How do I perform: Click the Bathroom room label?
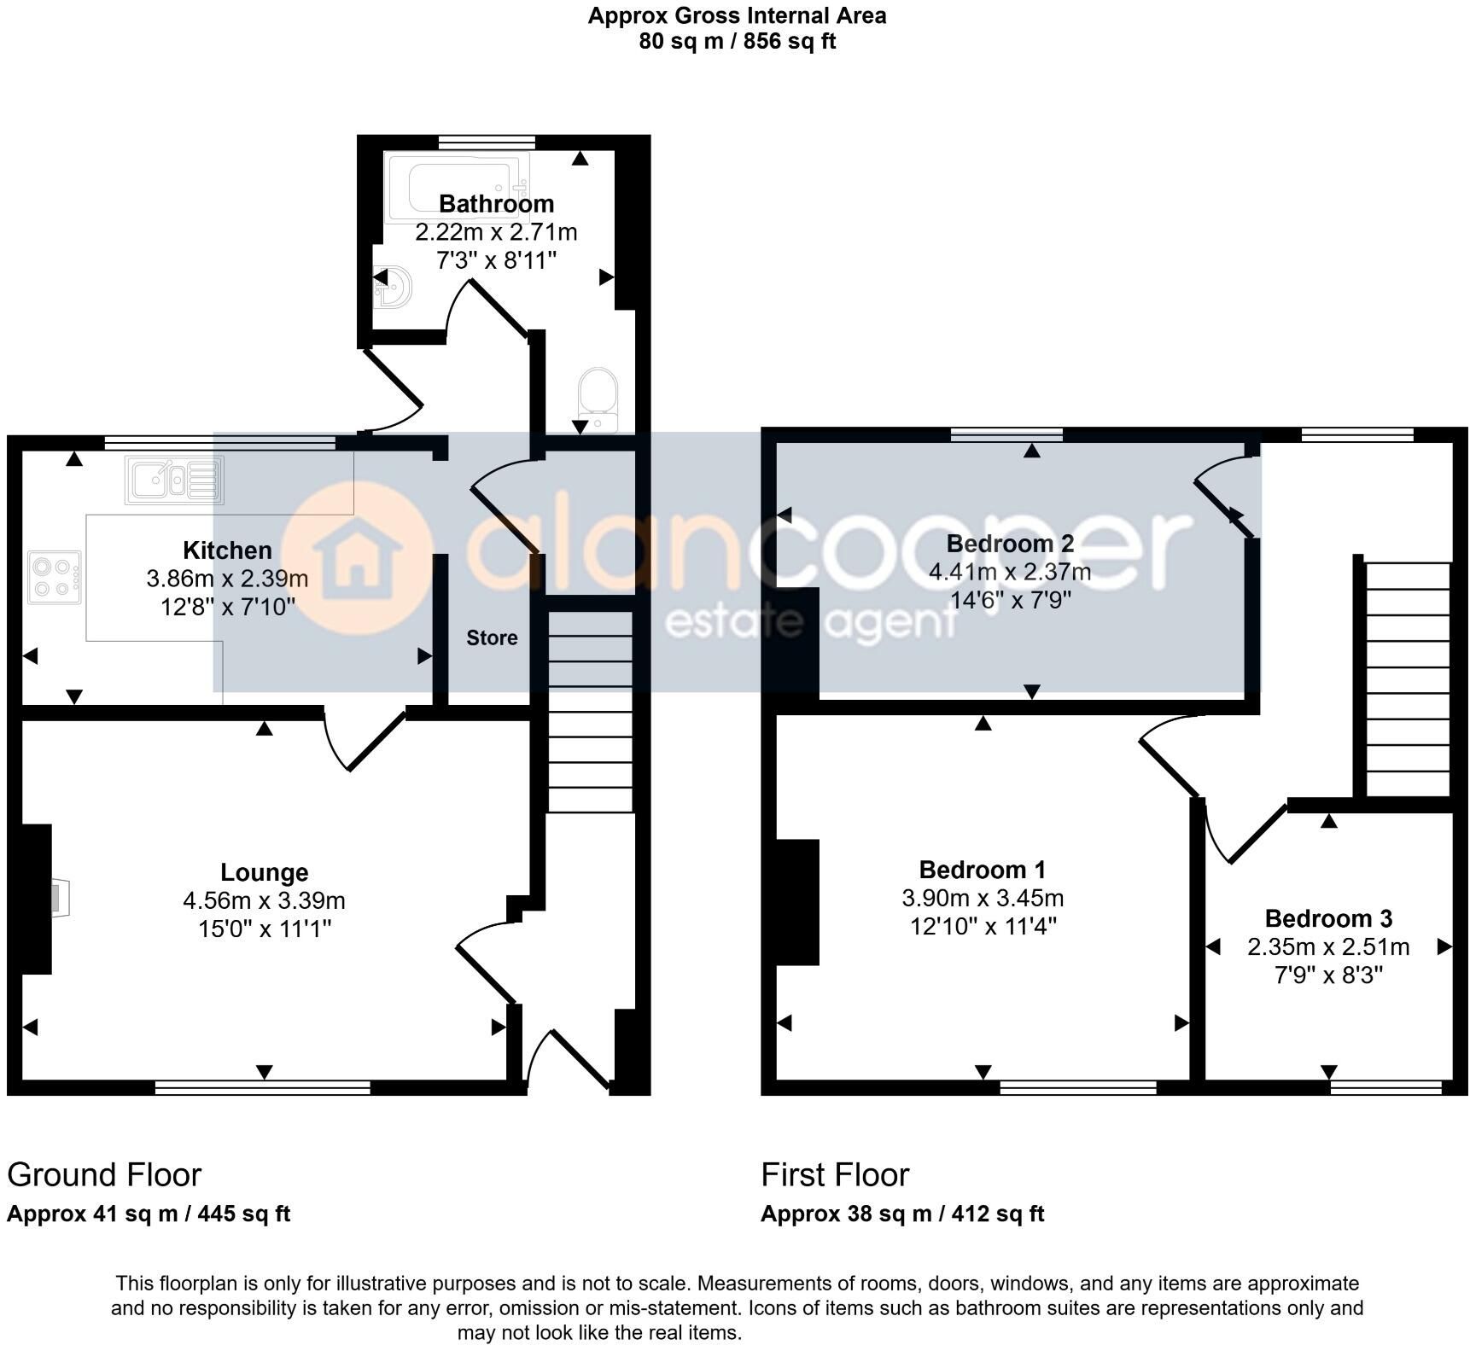point(496,204)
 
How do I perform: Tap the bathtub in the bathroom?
point(457,186)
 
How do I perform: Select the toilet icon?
point(598,399)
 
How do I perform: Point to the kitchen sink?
point(174,479)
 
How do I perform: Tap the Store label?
point(492,638)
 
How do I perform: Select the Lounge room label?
point(265,872)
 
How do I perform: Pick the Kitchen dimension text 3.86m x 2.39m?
point(227,579)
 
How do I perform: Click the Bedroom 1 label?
point(983,870)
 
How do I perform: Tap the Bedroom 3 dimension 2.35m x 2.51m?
point(1328,946)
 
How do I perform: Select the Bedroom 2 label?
point(1010,543)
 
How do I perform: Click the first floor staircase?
point(1409,678)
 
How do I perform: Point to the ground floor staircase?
point(590,711)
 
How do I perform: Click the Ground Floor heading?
point(104,1175)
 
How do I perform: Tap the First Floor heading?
point(835,1175)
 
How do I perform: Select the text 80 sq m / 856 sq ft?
point(738,41)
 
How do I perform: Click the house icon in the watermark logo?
point(357,553)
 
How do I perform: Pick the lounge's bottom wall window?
point(263,1087)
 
